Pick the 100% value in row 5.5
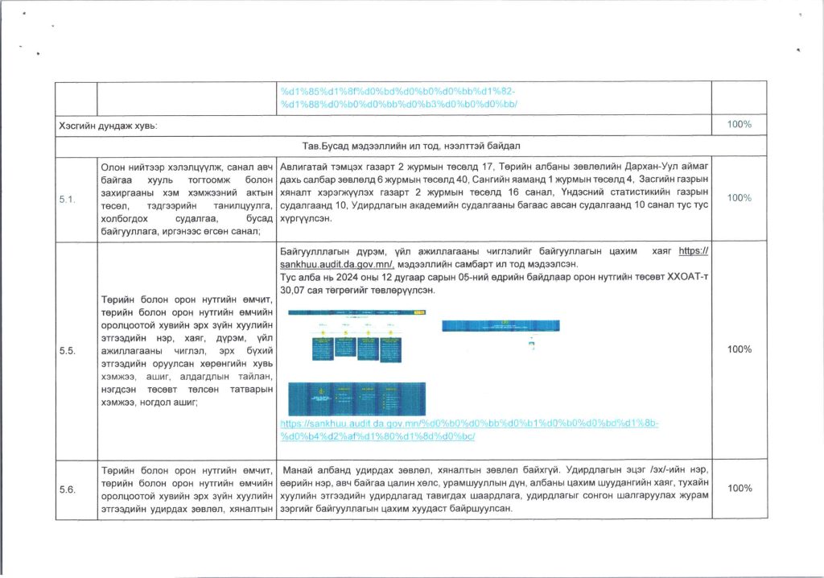739,349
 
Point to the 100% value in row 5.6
739,488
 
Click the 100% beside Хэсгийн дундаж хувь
739,126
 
